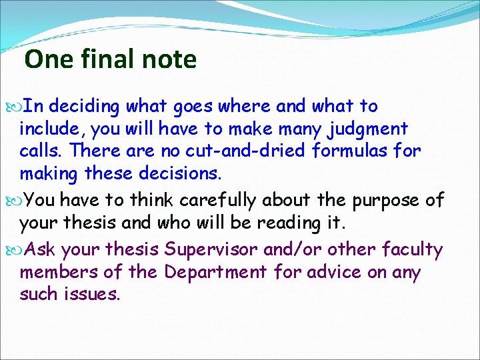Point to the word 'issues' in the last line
pos(93,295)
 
